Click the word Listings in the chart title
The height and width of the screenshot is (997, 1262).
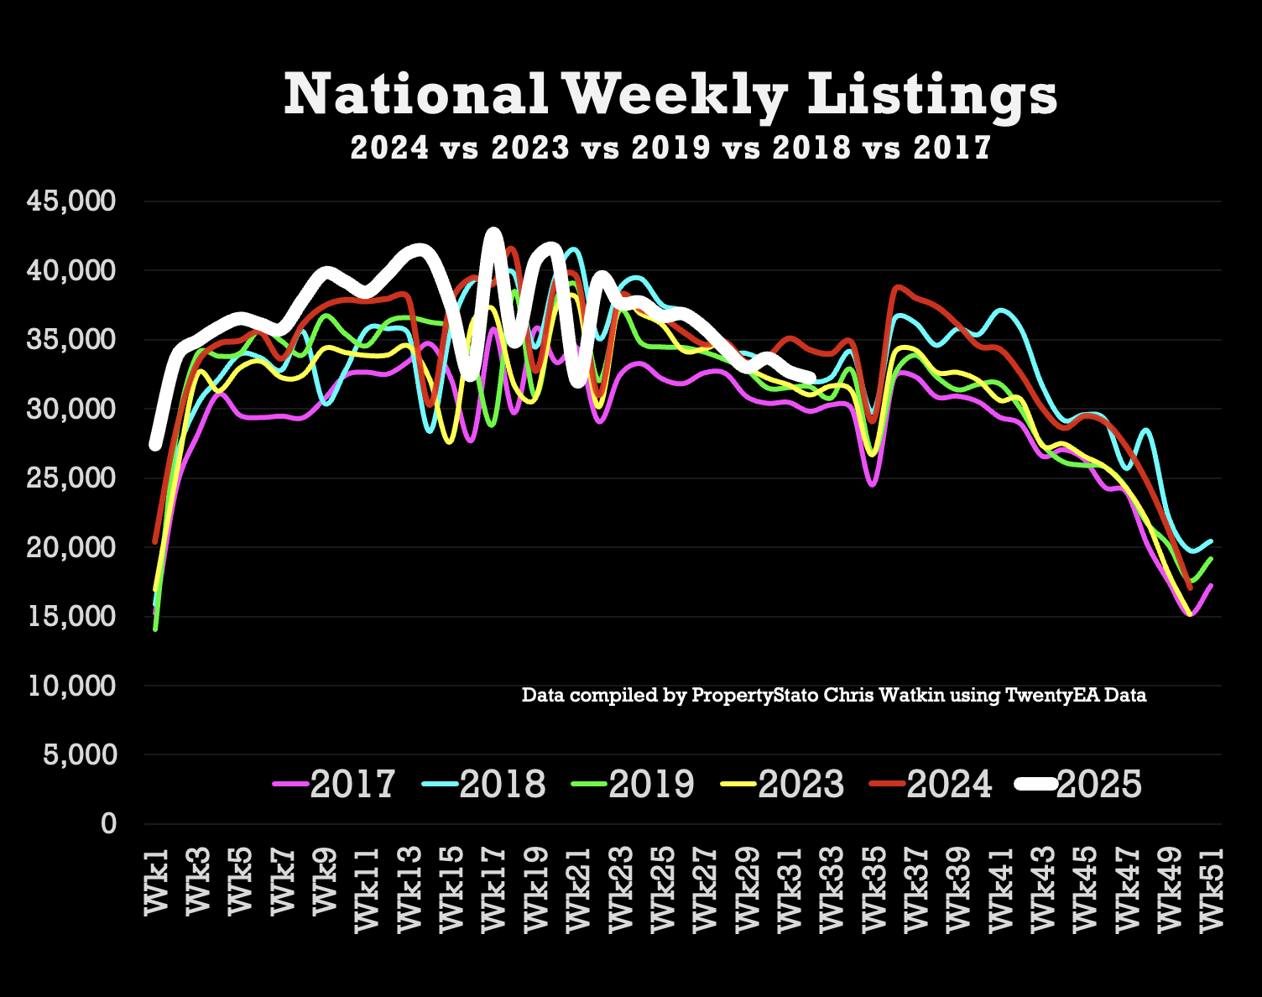931,94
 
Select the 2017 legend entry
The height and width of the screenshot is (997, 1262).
336,784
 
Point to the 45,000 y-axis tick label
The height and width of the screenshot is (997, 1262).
70,201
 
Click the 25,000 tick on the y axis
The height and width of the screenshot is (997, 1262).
70,478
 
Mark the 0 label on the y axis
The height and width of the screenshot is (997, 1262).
108,823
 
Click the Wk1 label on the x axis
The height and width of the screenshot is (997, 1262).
157,881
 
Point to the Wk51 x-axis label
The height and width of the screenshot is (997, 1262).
1211,889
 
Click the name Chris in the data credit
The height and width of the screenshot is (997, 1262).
847,695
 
